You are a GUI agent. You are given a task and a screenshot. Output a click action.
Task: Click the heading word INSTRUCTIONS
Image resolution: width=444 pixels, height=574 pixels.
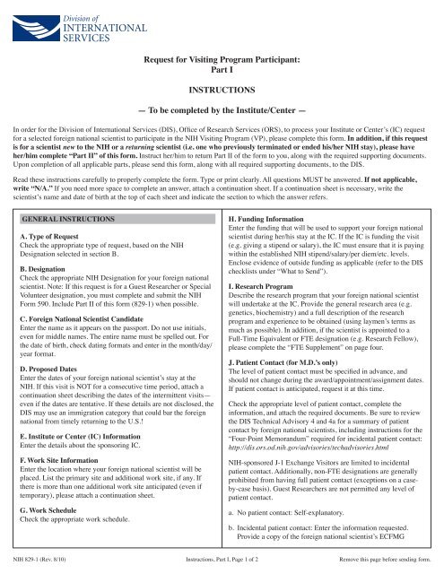pos(222,91)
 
